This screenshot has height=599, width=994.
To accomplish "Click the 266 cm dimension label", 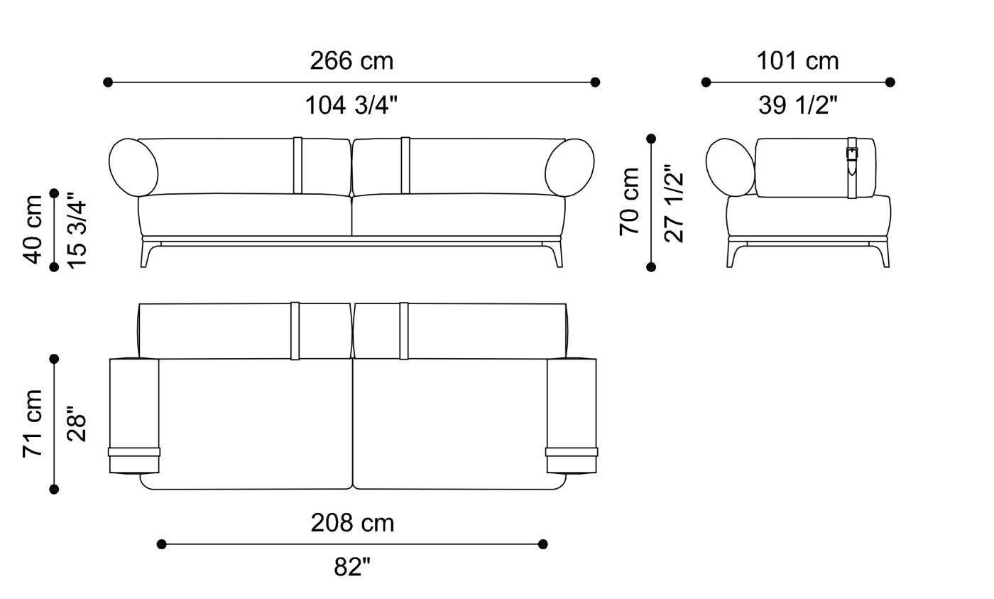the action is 351,61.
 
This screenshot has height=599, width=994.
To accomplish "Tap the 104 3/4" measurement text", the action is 351,106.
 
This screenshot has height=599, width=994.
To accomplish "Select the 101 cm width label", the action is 797,61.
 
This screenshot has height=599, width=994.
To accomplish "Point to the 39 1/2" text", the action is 797,106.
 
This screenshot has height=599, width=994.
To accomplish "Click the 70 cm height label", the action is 629,202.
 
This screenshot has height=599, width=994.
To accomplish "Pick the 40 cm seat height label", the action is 32,230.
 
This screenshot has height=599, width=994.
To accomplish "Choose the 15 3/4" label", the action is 77,230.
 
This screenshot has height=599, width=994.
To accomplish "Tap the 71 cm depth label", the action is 32,423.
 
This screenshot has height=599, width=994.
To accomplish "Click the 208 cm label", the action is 352,523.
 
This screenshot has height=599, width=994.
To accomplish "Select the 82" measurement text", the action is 352,567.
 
